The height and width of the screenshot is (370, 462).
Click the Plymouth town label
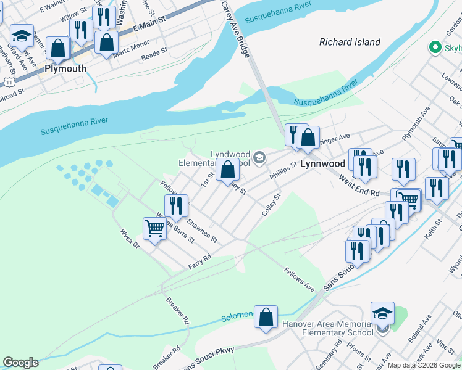65,68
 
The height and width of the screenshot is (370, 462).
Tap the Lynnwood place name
322,164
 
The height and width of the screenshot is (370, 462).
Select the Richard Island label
350,42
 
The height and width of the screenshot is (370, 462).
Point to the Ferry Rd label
199,261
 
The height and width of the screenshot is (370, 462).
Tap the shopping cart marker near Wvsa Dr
154,229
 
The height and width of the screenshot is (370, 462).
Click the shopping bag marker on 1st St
227,170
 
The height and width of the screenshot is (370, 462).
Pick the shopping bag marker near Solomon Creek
266,318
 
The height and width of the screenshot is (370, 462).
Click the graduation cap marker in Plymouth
22,38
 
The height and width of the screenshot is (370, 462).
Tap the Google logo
20,363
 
